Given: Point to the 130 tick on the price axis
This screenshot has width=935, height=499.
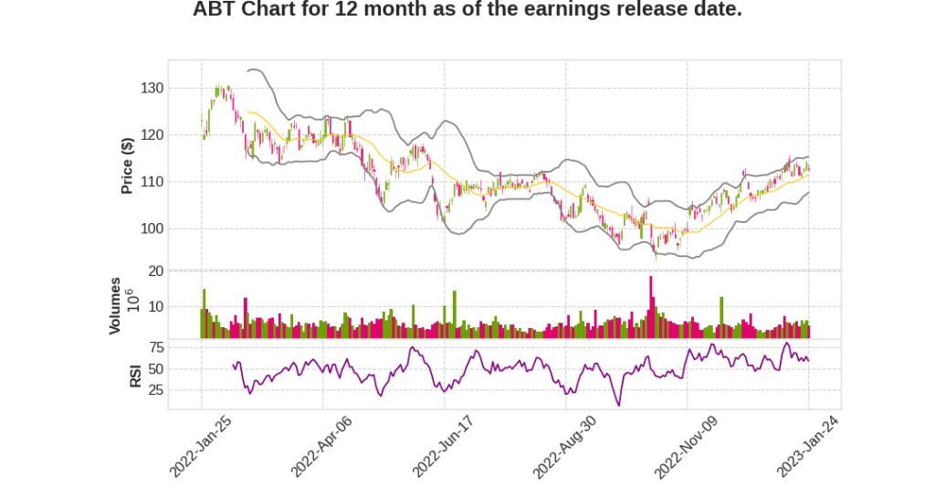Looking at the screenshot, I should [152, 89].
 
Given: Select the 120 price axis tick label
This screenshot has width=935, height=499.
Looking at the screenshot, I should [152, 135].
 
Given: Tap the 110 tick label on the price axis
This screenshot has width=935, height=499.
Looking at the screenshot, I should [152, 182].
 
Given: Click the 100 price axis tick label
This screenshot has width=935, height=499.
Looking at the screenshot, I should [152, 228].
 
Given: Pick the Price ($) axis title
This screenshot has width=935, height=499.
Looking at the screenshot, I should [127, 165].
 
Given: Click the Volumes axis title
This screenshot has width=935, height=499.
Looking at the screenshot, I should [115, 305].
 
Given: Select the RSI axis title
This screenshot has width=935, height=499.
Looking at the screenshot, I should [135, 376].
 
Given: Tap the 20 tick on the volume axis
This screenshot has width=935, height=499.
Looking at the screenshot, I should [155, 271].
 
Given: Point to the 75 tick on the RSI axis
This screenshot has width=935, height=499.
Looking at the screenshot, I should [155, 347].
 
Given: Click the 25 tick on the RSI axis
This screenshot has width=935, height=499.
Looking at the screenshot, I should [155, 390].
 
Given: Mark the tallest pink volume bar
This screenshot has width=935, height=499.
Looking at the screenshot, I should [651, 307].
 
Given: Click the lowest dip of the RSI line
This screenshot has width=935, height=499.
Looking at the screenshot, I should [619, 405].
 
